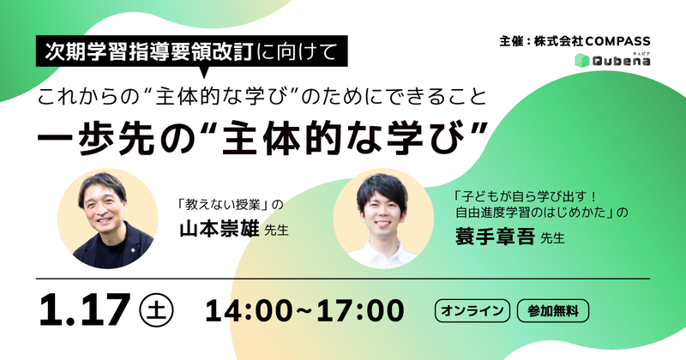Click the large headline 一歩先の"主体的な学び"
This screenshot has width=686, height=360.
click(x=264, y=135)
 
